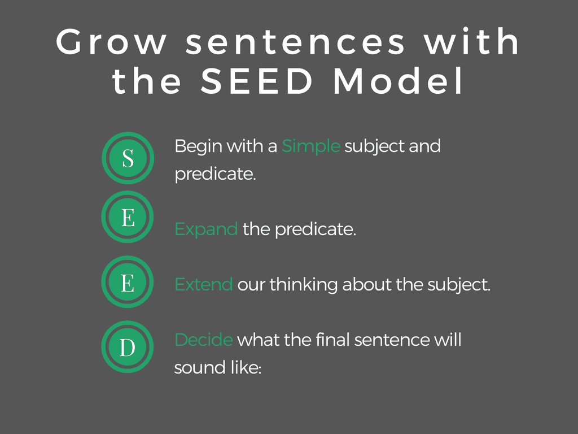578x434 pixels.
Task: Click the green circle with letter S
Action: point(128,158)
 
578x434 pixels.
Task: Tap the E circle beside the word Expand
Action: point(128,217)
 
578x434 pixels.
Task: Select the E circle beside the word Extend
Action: point(128,282)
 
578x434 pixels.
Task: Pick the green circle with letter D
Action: point(128,347)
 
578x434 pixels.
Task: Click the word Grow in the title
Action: point(111,42)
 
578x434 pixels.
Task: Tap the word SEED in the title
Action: point(257,81)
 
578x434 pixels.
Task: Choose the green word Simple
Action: point(311,147)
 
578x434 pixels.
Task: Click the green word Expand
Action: point(206,230)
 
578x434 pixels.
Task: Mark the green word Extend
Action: point(203,285)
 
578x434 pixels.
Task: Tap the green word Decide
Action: point(204,340)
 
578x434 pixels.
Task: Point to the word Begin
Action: point(199,147)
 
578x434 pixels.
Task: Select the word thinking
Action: point(303,285)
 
